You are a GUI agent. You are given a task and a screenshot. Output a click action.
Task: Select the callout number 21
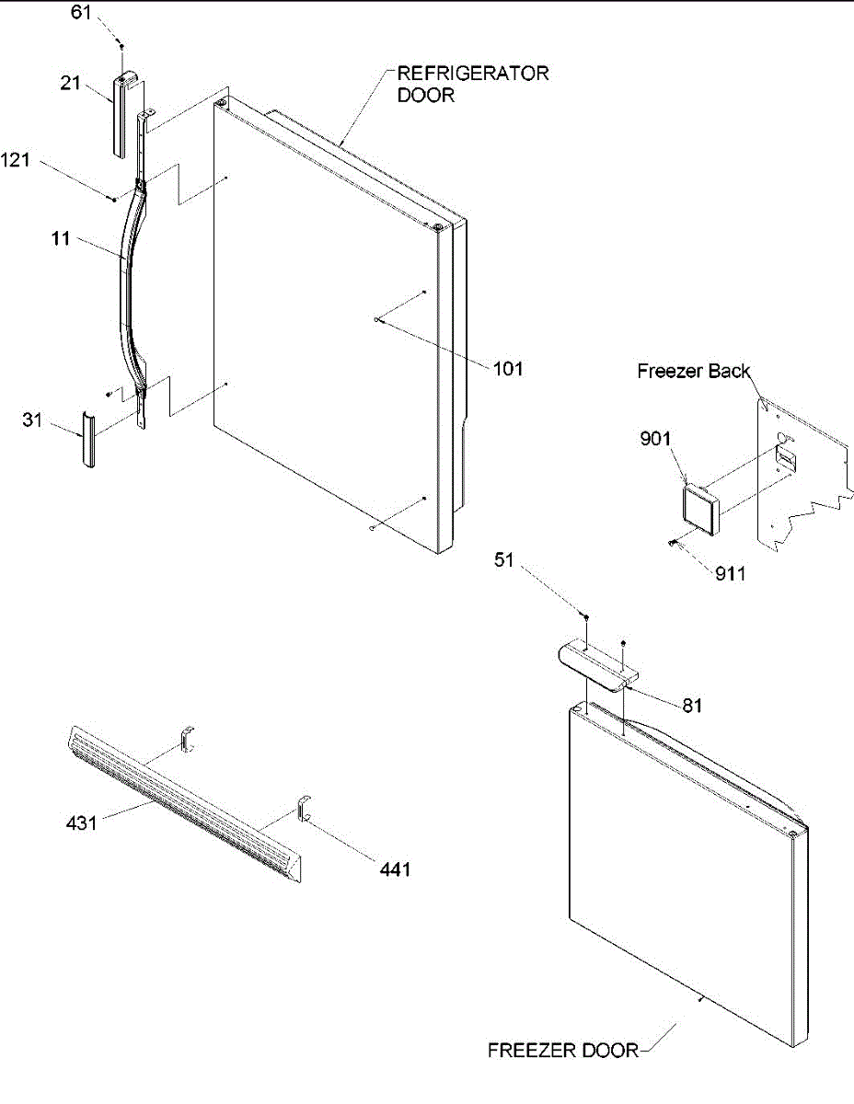(x=71, y=83)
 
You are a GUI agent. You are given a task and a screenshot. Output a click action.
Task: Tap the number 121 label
(x=15, y=161)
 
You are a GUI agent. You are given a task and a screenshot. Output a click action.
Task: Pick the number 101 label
(x=508, y=369)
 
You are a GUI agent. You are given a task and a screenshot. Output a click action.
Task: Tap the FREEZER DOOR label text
(x=562, y=1050)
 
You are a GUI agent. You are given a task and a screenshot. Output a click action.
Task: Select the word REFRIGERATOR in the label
(x=473, y=74)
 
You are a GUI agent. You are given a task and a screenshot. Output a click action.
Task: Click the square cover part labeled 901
(x=699, y=510)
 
